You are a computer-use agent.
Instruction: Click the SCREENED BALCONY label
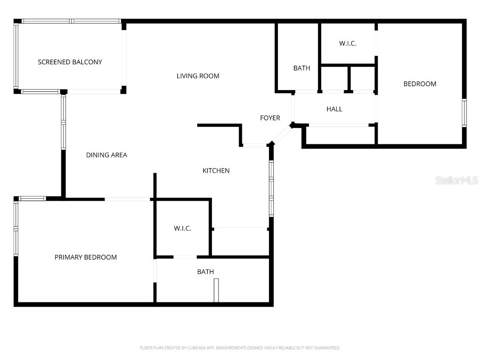click(70, 62)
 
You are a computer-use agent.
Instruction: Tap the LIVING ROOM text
click(198, 76)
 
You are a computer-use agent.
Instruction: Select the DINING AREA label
click(106, 155)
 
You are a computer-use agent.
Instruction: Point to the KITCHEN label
click(216, 171)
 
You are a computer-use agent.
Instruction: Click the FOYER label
click(270, 118)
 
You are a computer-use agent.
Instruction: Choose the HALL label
click(334, 109)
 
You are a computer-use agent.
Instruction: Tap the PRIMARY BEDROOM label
click(86, 257)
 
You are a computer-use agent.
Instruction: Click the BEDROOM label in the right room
click(420, 84)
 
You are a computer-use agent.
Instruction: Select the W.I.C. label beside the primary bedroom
click(182, 228)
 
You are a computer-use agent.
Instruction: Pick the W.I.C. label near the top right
click(348, 44)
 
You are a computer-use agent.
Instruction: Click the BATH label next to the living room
click(302, 68)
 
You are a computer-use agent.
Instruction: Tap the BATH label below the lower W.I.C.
click(205, 272)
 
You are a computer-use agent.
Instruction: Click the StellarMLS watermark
click(456, 180)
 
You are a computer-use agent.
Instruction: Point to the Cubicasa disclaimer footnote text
click(240, 348)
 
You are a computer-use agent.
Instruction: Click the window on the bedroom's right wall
click(464, 113)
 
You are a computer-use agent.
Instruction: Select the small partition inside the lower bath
click(216, 290)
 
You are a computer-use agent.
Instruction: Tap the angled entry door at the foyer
click(281, 135)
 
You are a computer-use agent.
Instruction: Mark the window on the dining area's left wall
click(63, 122)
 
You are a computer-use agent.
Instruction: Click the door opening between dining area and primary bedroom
click(127, 199)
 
